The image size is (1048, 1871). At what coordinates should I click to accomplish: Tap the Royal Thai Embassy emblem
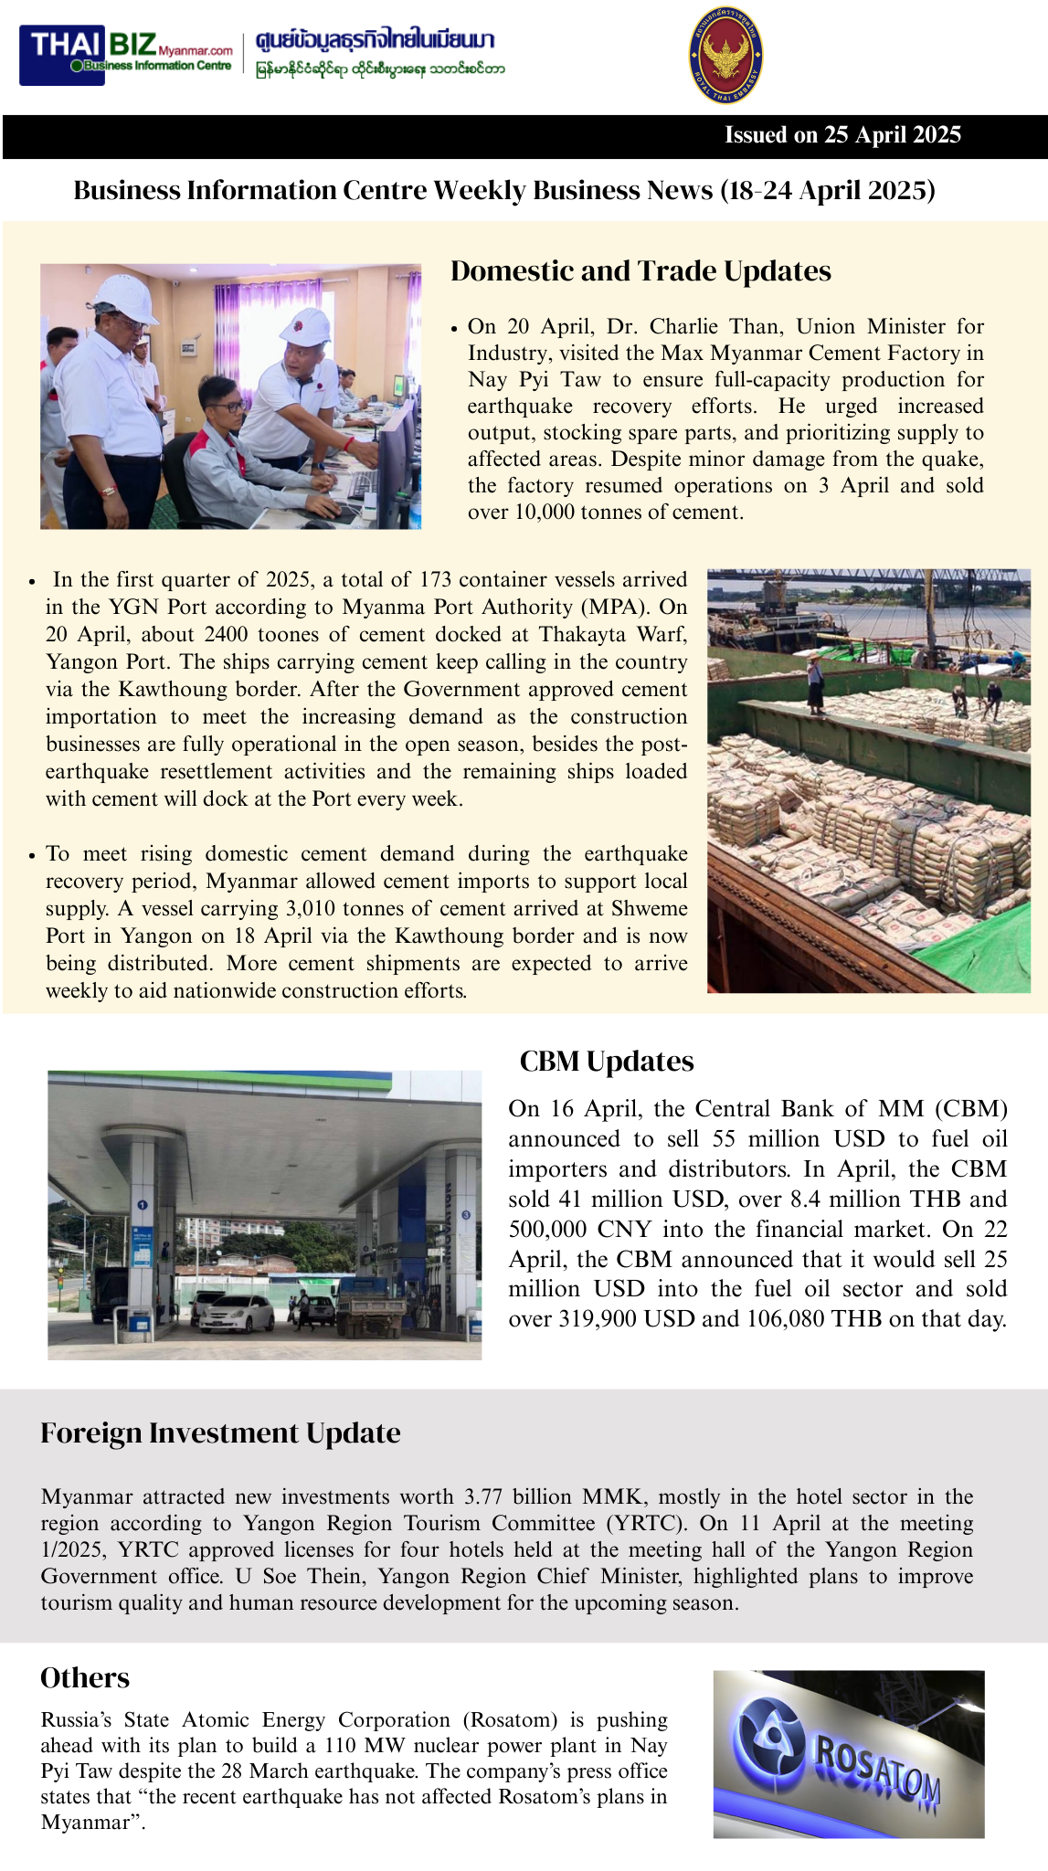[726, 55]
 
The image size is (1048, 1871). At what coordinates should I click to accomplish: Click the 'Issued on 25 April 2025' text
[842, 135]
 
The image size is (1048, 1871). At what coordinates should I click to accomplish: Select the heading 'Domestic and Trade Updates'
[640, 271]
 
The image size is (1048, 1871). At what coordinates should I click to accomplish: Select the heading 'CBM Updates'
[607, 1062]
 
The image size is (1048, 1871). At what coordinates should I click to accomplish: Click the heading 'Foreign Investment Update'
[220, 1433]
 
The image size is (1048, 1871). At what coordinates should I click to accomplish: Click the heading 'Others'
[85, 1678]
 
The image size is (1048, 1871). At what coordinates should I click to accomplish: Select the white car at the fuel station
[234, 1313]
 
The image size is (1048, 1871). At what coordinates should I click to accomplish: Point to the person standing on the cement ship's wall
[815, 685]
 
